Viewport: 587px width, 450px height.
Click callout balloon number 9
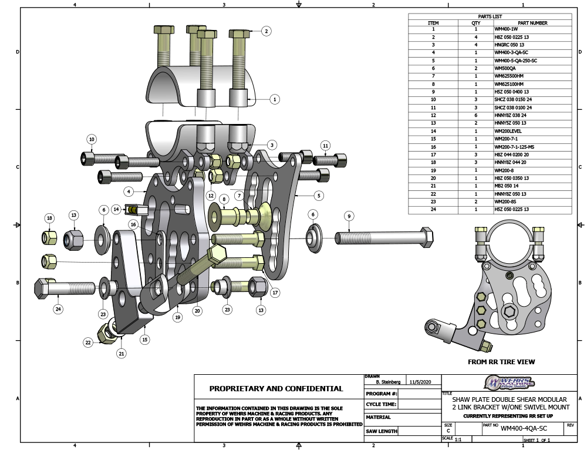349,216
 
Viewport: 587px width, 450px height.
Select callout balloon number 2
266,31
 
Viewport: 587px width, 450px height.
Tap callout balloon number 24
58,309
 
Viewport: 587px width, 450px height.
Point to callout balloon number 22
88,342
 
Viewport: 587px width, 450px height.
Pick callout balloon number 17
274,292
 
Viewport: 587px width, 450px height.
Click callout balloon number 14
116,209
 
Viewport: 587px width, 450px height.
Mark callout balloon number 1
274,99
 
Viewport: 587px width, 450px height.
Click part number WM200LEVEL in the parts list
508,130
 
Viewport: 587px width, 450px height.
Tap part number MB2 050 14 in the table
507,186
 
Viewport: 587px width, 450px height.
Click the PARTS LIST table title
490,16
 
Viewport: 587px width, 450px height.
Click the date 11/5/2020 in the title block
420,382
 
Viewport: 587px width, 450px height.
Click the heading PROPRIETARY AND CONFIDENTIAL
276,389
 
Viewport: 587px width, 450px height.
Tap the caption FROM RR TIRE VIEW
501,362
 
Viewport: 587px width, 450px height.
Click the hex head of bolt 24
44,288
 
